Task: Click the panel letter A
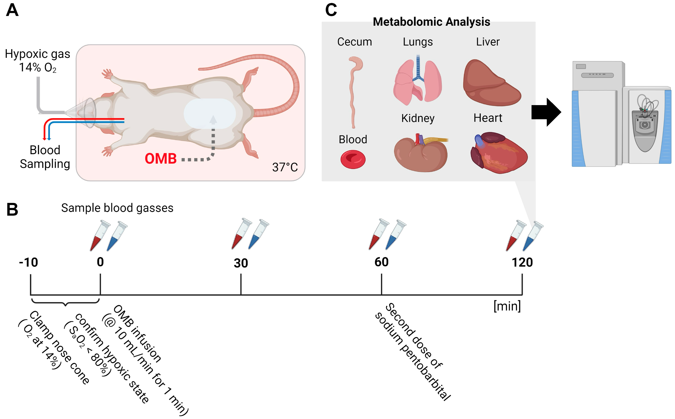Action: click(x=12, y=11)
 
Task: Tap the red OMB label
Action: click(x=161, y=159)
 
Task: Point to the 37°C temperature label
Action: click(x=285, y=167)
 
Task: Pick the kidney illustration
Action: click(x=420, y=153)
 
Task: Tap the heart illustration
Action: click(x=499, y=153)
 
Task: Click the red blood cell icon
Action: click(x=353, y=159)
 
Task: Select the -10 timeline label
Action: click(x=28, y=262)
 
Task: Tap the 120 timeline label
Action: click(x=522, y=262)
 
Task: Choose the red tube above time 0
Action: click(x=99, y=236)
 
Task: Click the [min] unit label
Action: click(x=507, y=306)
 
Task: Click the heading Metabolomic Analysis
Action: click(x=431, y=22)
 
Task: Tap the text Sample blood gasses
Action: click(x=117, y=208)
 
